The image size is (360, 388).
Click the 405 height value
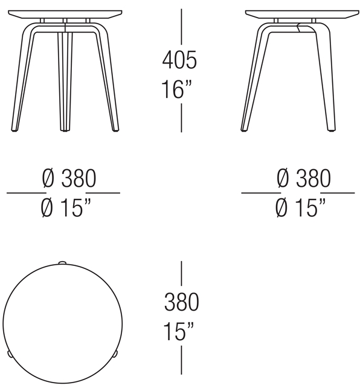(179, 60)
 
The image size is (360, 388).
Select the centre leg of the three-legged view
(63, 79)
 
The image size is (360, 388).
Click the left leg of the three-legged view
(22, 79)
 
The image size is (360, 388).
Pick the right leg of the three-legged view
(105, 79)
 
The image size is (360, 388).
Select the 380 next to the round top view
(181, 302)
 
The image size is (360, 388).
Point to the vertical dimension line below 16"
(182, 118)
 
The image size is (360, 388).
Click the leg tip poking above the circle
(62, 263)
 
